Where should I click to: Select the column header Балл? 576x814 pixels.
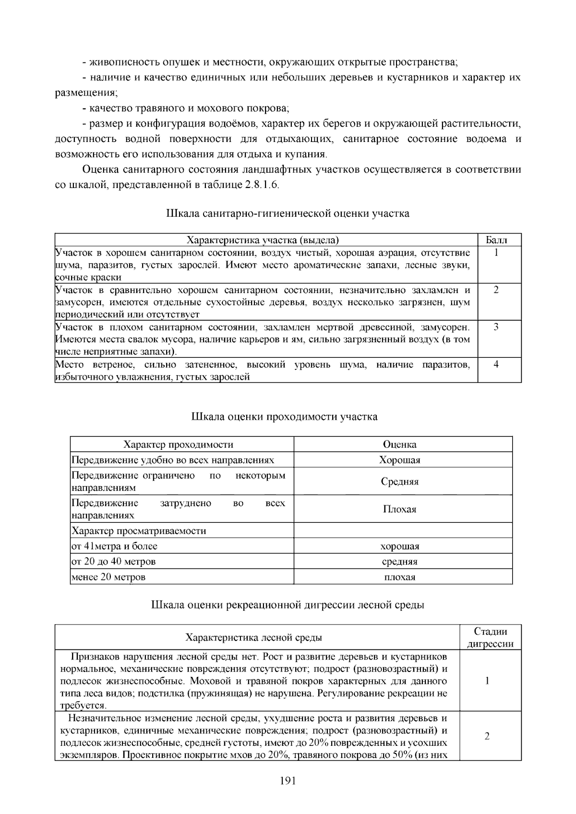[496, 240]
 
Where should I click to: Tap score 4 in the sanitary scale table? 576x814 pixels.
[496, 364]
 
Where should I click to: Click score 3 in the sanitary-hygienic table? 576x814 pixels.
[496, 327]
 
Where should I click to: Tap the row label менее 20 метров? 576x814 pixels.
[108, 577]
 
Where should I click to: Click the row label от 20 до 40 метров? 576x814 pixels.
[114, 561]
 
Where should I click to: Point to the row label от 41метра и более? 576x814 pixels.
[115, 546]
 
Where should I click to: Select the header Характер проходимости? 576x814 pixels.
[178, 445]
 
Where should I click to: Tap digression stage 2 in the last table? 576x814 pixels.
[487, 736]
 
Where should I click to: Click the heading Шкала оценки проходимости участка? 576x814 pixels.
[284, 416]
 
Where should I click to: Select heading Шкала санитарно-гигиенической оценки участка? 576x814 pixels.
[288, 213]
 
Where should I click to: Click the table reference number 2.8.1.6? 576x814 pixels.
[261, 185]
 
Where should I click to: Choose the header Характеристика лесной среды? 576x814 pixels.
[253, 637]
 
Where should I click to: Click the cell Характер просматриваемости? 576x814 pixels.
[139, 531]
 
